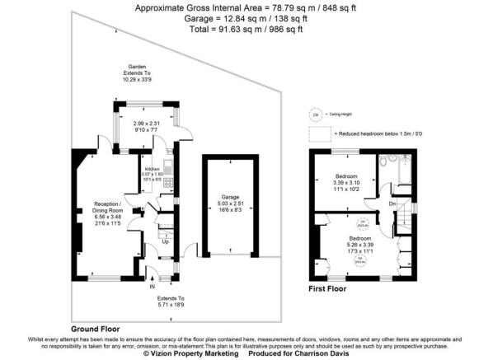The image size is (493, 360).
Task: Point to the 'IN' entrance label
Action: (x=151, y=286)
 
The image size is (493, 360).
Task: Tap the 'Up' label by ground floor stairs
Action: (x=164, y=242)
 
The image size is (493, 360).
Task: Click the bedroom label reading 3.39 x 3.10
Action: (x=345, y=181)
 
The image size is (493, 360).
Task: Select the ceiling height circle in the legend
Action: (x=313, y=115)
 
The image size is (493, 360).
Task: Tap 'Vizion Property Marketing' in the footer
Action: (x=191, y=353)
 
